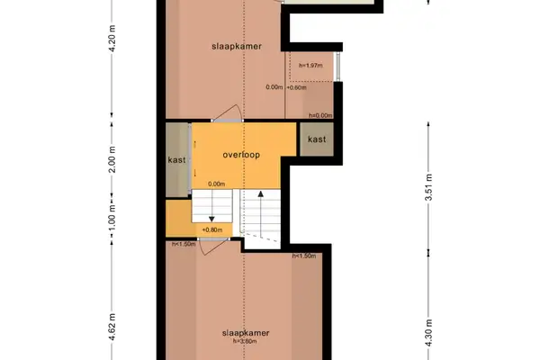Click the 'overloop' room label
point(241,155)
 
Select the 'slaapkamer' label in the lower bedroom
point(246,332)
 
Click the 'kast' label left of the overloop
point(176,160)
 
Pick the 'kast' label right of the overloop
point(317,139)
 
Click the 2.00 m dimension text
point(112,160)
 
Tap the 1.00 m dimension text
point(112,221)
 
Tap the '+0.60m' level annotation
point(296,87)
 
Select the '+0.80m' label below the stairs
point(212,230)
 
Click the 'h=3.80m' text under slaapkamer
point(246,341)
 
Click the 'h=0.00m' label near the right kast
point(320,115)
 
